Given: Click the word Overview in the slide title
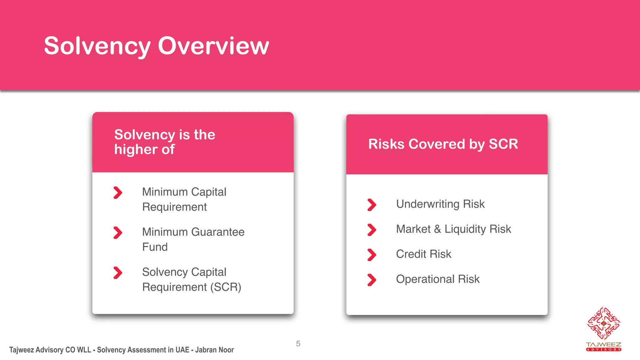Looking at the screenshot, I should (x=213, y=46).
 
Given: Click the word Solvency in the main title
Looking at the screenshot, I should (x=97, y=46).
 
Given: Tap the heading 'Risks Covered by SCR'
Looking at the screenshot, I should (x=443, y=144).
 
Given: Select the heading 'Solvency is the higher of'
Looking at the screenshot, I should (x=164, y=142).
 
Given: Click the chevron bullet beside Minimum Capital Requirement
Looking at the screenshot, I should (x=118, y=192).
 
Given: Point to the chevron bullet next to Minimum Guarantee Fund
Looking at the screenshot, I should (x=118, y=232).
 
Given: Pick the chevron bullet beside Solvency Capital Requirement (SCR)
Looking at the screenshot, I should (x=118, y=272).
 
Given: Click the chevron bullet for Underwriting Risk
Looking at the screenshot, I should (x=372, y=205).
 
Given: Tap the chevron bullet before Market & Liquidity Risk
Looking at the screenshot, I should (x=372, y=230).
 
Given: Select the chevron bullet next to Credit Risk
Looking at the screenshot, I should (x=372, y=255).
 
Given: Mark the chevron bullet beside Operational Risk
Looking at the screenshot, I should (x=372, y=280).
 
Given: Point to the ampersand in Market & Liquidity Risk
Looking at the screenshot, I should (x=437, y=229).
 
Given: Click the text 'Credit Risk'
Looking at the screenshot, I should (x=423, y=254).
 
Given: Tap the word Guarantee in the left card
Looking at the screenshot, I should (x=218, y=232).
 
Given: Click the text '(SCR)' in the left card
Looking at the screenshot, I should (x=226, y=287).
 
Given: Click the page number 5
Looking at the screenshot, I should (x=298, y=344).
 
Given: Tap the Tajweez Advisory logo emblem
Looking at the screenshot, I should (x=603, y=323).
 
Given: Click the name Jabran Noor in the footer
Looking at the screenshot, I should (x=214, y=350).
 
